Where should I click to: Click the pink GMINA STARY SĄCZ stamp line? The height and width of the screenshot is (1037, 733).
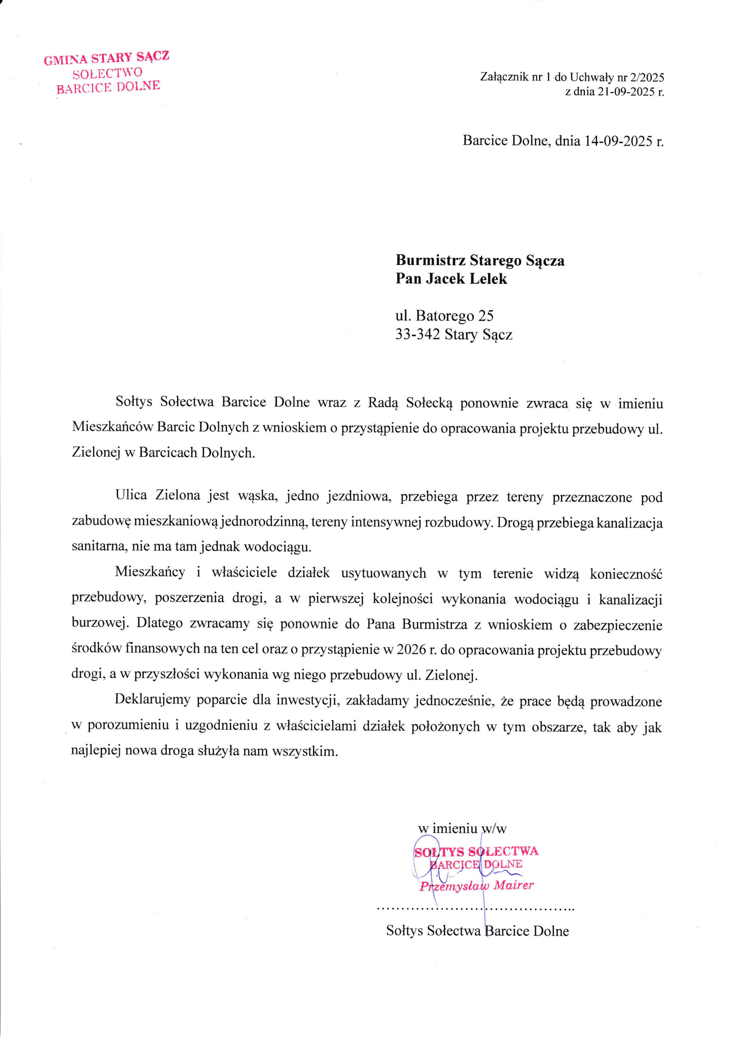tap(107, 58)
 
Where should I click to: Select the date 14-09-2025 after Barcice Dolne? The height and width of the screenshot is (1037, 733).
tap(619, 141)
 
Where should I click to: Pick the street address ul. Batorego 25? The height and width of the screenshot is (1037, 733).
tap(444, 315)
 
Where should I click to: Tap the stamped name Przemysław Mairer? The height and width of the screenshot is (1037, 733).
tap(477, 885)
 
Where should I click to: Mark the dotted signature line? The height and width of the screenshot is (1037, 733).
tap(475, 907)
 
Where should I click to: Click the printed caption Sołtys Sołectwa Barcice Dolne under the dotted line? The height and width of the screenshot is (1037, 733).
tap(477, 930)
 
